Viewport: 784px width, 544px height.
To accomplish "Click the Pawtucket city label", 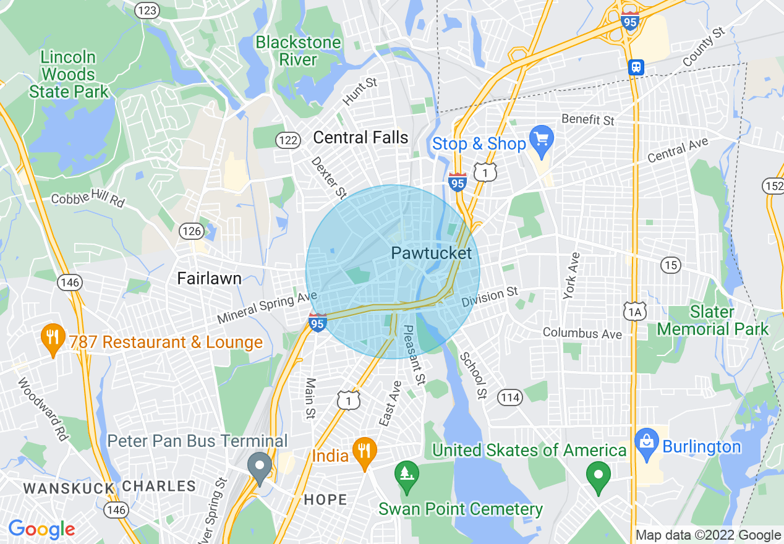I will point(431,253).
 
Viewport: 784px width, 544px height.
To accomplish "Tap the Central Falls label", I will point(360,137).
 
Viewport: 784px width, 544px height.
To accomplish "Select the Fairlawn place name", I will point(209,278).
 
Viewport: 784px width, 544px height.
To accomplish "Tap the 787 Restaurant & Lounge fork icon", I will point(53,338).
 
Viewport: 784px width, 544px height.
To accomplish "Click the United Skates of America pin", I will point(598,475).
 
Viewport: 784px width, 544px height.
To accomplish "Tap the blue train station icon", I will point(636,67).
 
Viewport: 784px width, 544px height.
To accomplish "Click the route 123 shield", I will point(148,10).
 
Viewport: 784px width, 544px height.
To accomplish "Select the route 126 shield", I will point(192,231).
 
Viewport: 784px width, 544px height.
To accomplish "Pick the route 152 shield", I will point(774,185).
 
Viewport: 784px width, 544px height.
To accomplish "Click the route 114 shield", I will point(510,397).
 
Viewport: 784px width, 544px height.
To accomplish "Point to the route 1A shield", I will point(635,310).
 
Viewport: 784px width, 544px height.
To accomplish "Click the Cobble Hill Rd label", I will point(88,200).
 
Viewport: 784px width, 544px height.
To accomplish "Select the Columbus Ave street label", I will point(582,333).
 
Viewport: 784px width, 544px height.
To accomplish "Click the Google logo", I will point(41,529).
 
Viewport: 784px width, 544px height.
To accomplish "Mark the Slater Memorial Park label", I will point(712,320).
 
